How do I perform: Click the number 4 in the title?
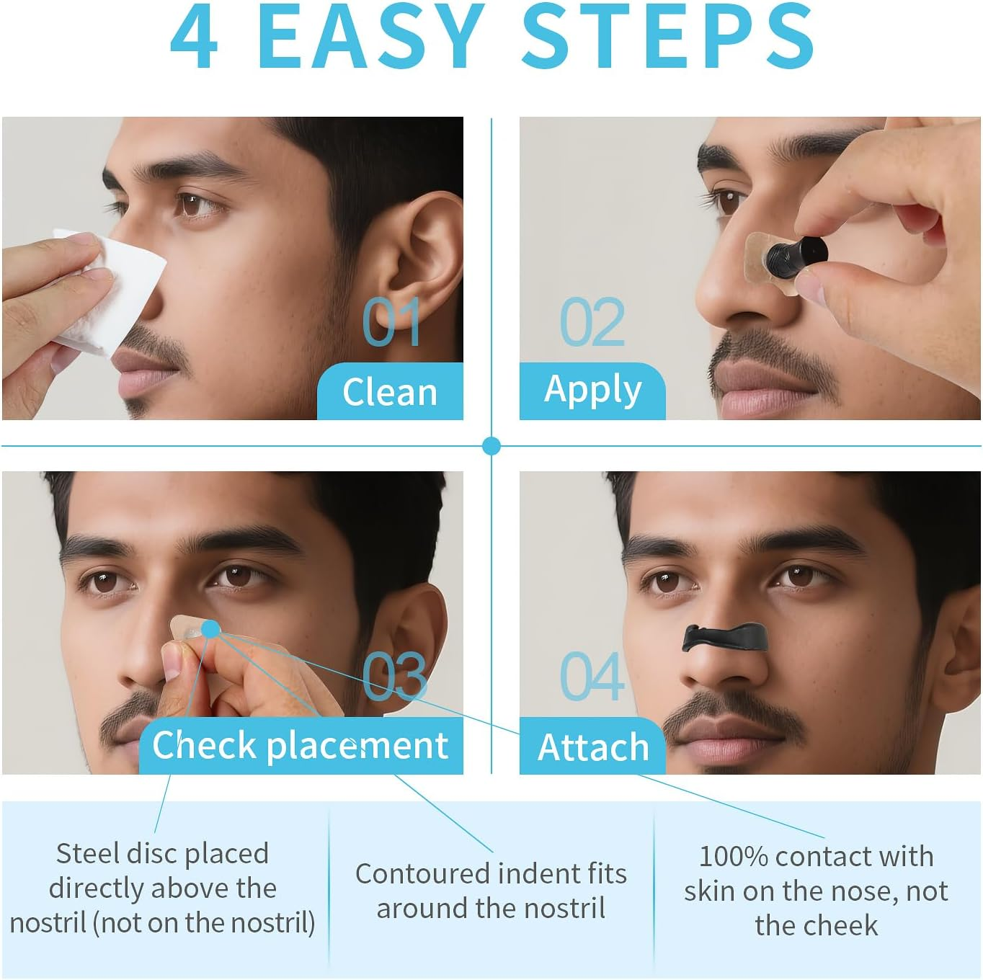(195, 37)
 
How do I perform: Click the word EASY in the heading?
(371, 37)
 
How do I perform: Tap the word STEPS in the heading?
(667, 37)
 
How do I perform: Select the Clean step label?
(390, 393)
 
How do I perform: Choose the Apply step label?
(592, 391)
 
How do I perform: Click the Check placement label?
(300, 745)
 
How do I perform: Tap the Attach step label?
(592, 747)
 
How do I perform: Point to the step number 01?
(391, 322)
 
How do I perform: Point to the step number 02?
(592, 322)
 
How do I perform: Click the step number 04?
(592, 677)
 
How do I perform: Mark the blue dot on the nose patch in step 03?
(210, 629)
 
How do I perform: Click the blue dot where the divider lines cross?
(491, 446)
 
